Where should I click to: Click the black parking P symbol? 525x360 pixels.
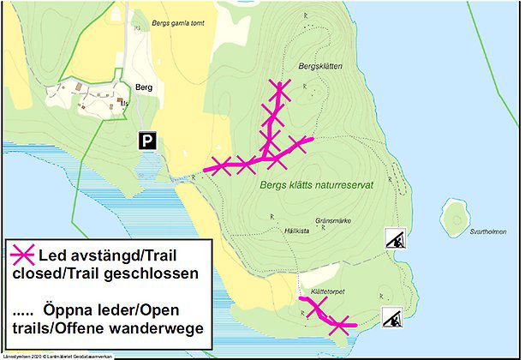(149, 141)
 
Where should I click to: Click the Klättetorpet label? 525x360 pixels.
(329, 292)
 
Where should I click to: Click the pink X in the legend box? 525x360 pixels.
(23, 255)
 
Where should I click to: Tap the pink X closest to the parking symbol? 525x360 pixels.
(221, 165)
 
